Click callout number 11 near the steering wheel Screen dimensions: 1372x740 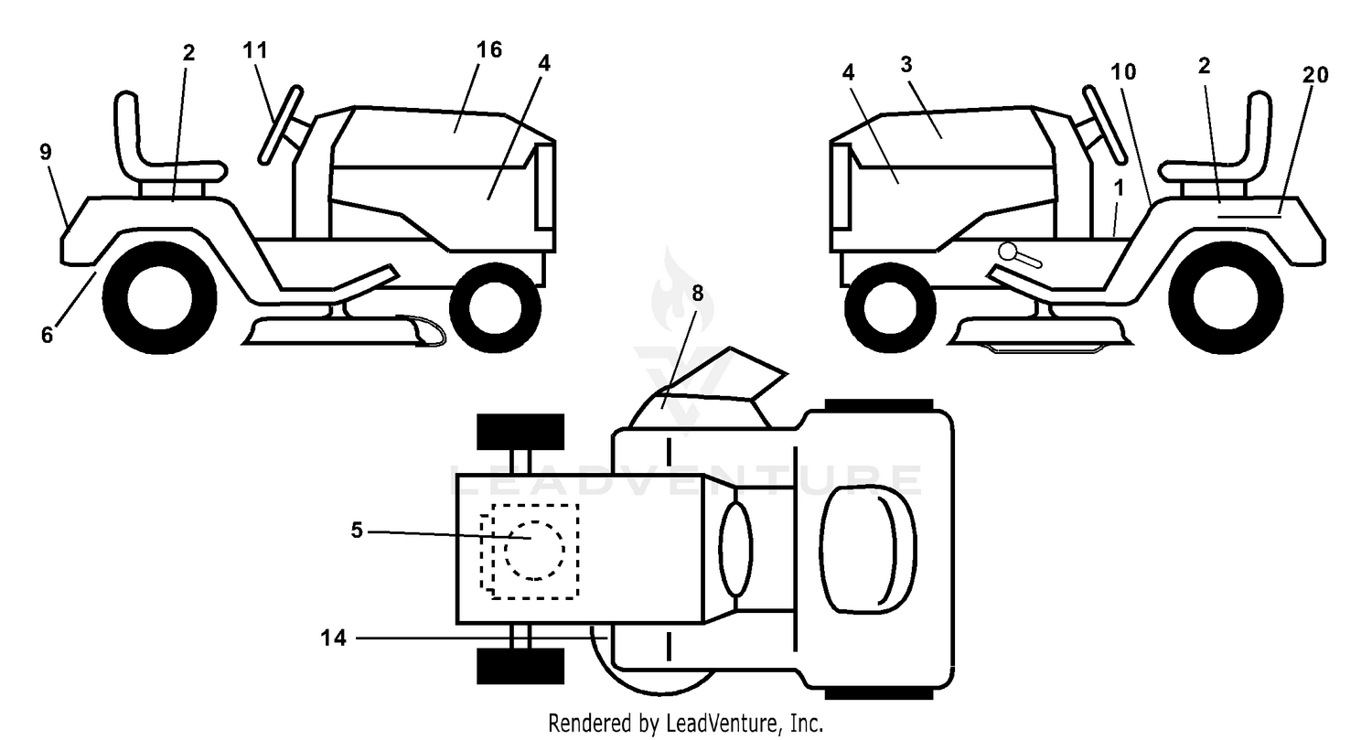[255, 49]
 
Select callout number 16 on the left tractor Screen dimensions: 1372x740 [488, 49]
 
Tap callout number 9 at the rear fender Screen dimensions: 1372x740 [46, 152]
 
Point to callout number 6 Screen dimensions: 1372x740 [48, 335]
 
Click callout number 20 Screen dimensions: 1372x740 [1315, 75]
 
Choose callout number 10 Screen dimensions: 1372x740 [1123, 72]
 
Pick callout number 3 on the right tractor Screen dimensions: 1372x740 [906, 64]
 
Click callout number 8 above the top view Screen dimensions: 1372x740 [698, 294]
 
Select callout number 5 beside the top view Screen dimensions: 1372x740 [357, 530]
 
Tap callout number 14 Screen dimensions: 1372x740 [334, 638]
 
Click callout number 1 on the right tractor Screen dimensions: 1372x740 [1119, 188]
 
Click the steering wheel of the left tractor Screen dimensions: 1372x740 [281, 125]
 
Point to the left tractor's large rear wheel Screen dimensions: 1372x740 [159, 297]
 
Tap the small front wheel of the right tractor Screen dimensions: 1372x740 [890, 307]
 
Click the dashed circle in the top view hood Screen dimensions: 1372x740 [534, 550]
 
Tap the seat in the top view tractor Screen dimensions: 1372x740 [868, 549]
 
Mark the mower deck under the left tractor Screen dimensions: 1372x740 [343, 330]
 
